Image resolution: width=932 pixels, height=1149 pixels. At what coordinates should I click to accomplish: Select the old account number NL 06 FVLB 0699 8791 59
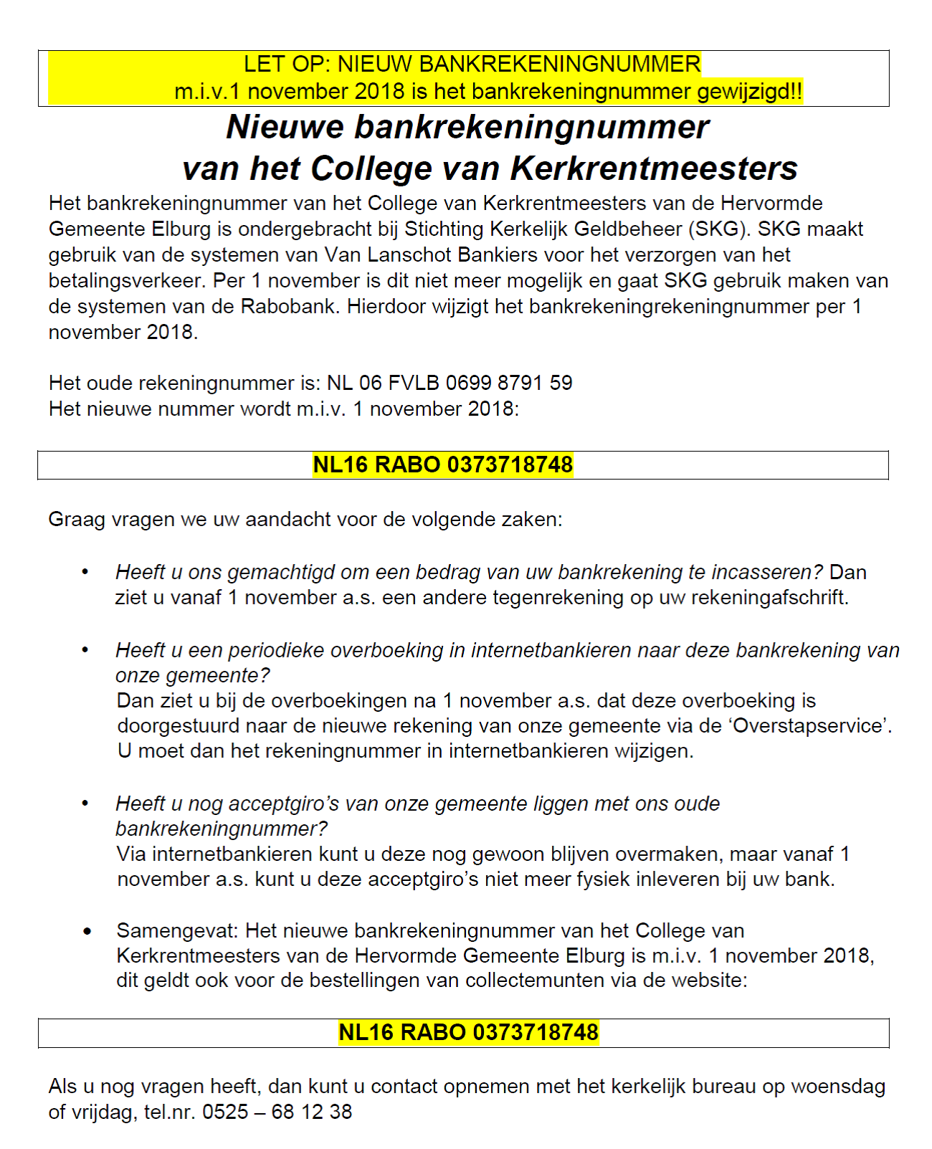pyautogui.click(x=450, y=383)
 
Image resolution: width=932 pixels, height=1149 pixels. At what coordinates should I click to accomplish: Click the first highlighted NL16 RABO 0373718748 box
pyautogui.click(x=443, y=465)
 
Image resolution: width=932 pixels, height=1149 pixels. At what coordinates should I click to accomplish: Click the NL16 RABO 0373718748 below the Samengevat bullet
pyautogui.click(x=468, y=1033)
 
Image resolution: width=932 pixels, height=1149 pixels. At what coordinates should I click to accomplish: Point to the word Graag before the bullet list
pyautogui.click(x=77, y=520)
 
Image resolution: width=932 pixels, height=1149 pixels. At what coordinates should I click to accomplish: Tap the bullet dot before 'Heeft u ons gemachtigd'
pyautogui.click(x=85, y=572)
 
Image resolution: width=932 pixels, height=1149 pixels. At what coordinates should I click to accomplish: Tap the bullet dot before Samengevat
pyautogui.click(x=87, y=931)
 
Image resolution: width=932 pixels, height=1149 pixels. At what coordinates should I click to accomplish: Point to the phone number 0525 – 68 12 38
pyautogui.click(x=277, y=1112)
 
